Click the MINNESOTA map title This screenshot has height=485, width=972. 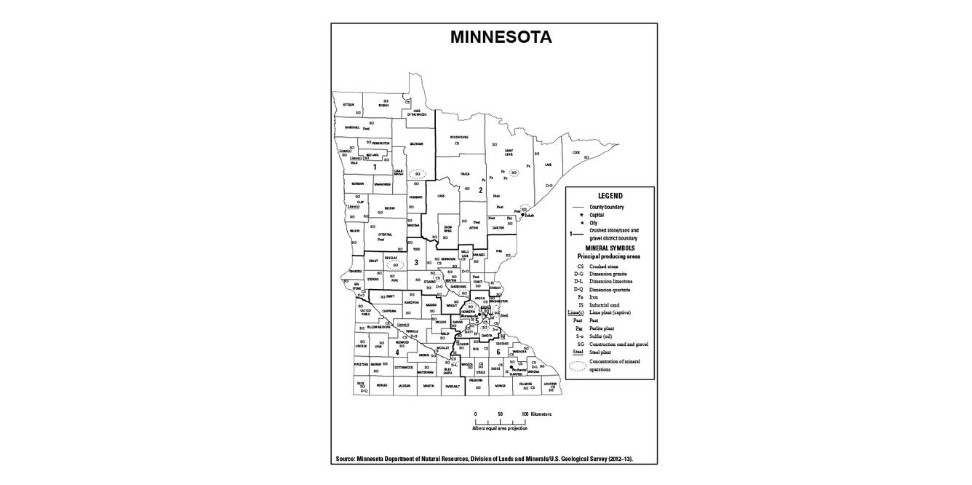click(x=501, y=37)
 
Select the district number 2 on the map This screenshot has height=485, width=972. click(x=481, y=190)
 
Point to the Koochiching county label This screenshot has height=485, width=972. click(x=458, y=137)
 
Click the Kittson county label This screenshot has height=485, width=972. click(x=348, y=104)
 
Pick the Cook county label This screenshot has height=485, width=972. click(x=575, y=153)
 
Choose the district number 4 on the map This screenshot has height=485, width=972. click(x=397, y=352)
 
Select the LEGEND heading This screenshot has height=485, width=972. click(x=610, y=196)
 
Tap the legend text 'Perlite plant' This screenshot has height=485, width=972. click(x=606, y=328)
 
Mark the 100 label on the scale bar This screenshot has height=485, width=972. click(x=525, y=414)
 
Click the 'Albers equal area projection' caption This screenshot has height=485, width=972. click(x=500, y=428)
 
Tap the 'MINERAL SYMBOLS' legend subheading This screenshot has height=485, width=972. click(x=610, y=248)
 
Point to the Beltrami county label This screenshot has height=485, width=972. click(x=416, y=143)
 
